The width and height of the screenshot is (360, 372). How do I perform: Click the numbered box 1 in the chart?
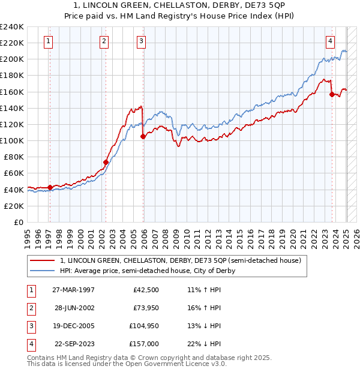48,41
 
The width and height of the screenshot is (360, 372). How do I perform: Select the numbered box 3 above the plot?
141,41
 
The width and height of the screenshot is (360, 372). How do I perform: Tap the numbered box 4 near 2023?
331,41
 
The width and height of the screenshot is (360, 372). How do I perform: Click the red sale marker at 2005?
143,137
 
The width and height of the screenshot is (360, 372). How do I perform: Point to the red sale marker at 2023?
332,94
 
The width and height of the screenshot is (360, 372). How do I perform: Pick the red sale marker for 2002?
106,162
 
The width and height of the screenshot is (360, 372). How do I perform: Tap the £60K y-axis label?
13,173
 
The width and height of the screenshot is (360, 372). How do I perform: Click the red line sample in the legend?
42,260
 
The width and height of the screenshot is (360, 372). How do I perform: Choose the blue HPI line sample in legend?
42,271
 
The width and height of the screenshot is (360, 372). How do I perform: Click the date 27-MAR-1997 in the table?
73,290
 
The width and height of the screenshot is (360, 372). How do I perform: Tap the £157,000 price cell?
145,344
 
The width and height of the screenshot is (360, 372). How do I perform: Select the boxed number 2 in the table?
29,308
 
